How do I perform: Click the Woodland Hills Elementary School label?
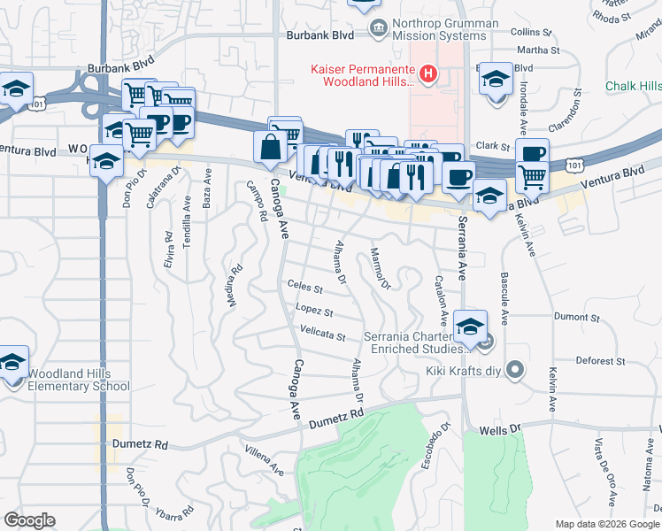tap(79, 380)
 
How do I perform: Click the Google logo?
tap(29, 520)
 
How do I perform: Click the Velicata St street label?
tap(322, 335)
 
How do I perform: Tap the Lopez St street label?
tap(315, 312)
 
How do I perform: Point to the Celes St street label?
tap(305, 287)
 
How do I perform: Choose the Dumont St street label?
tap(577, 317)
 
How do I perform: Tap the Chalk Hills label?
tap(634, 86)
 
